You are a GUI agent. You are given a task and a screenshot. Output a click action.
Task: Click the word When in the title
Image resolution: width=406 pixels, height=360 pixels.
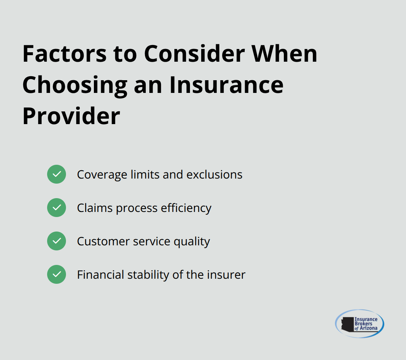click(x=285, y=54)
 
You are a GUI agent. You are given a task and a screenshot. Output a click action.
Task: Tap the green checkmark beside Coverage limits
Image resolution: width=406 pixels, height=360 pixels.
click(x=57, y=174)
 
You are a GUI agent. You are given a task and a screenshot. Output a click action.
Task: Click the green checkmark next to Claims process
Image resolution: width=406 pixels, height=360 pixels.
click(x=57, y=208)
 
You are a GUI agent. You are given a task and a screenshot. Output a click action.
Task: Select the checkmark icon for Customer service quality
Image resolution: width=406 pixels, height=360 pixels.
click(x=57, y=241)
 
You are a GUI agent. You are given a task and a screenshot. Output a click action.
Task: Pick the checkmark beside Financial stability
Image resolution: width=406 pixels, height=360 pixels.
click(x=57, y=274)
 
